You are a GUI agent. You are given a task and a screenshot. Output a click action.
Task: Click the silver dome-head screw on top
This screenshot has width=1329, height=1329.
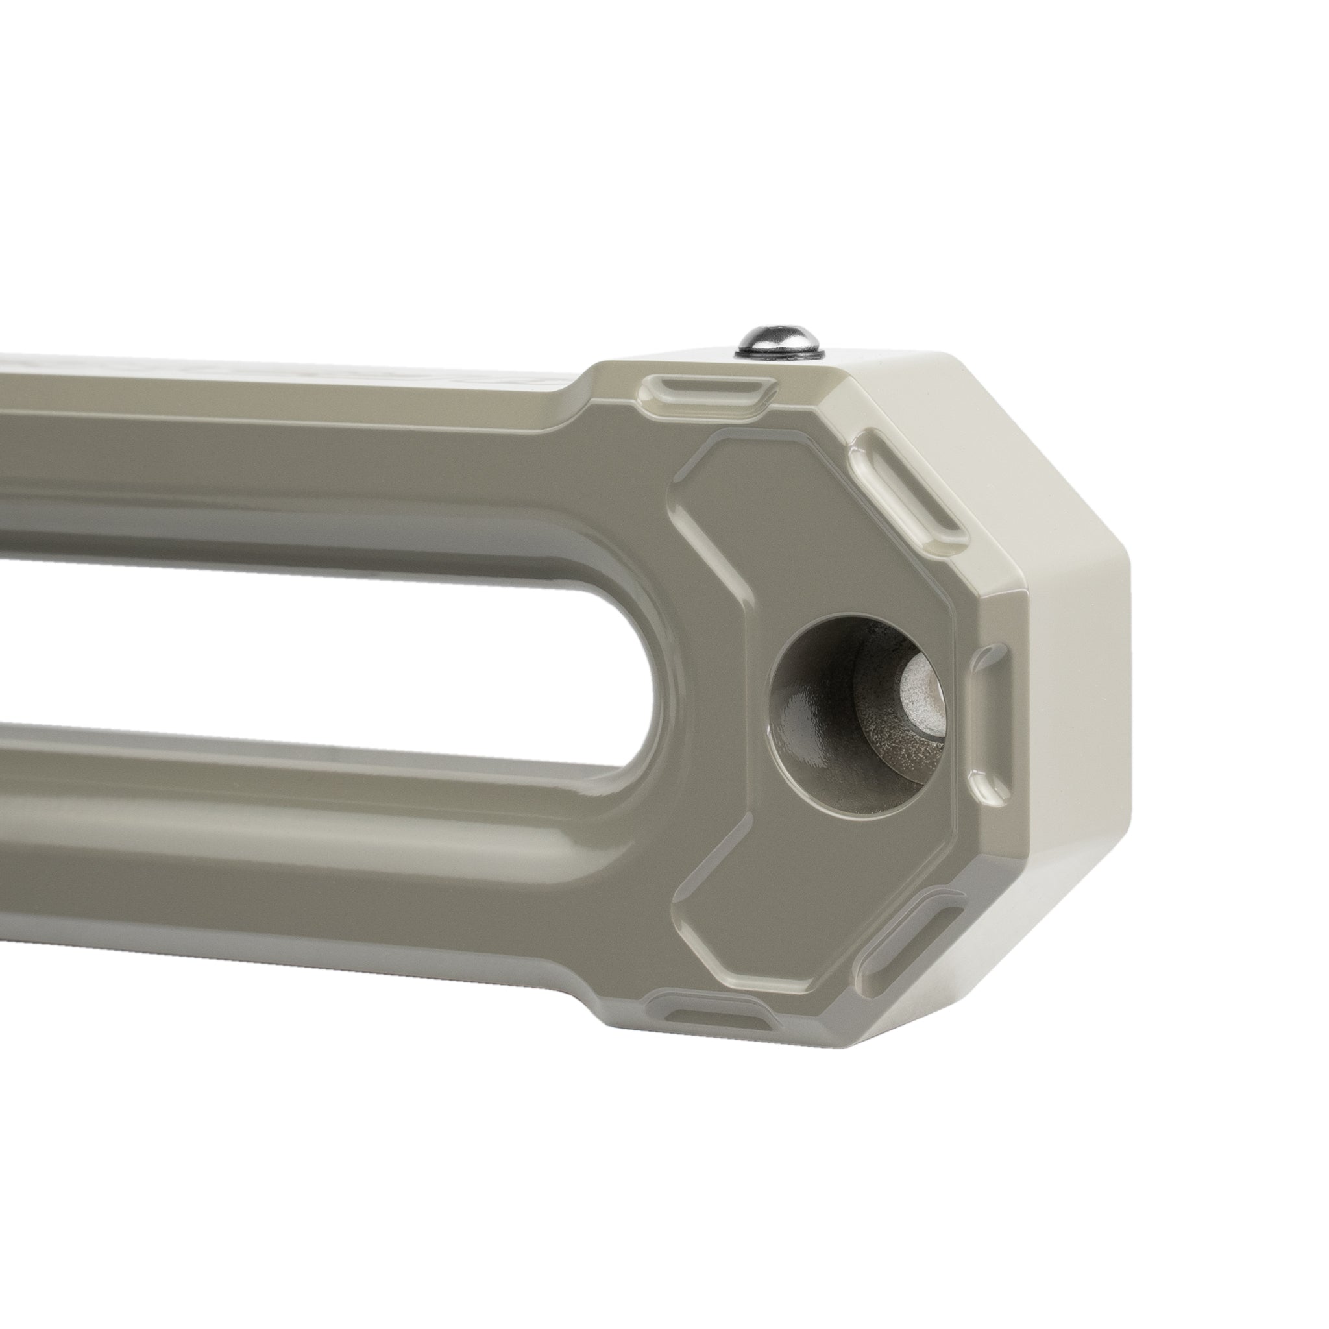point(779,339)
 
